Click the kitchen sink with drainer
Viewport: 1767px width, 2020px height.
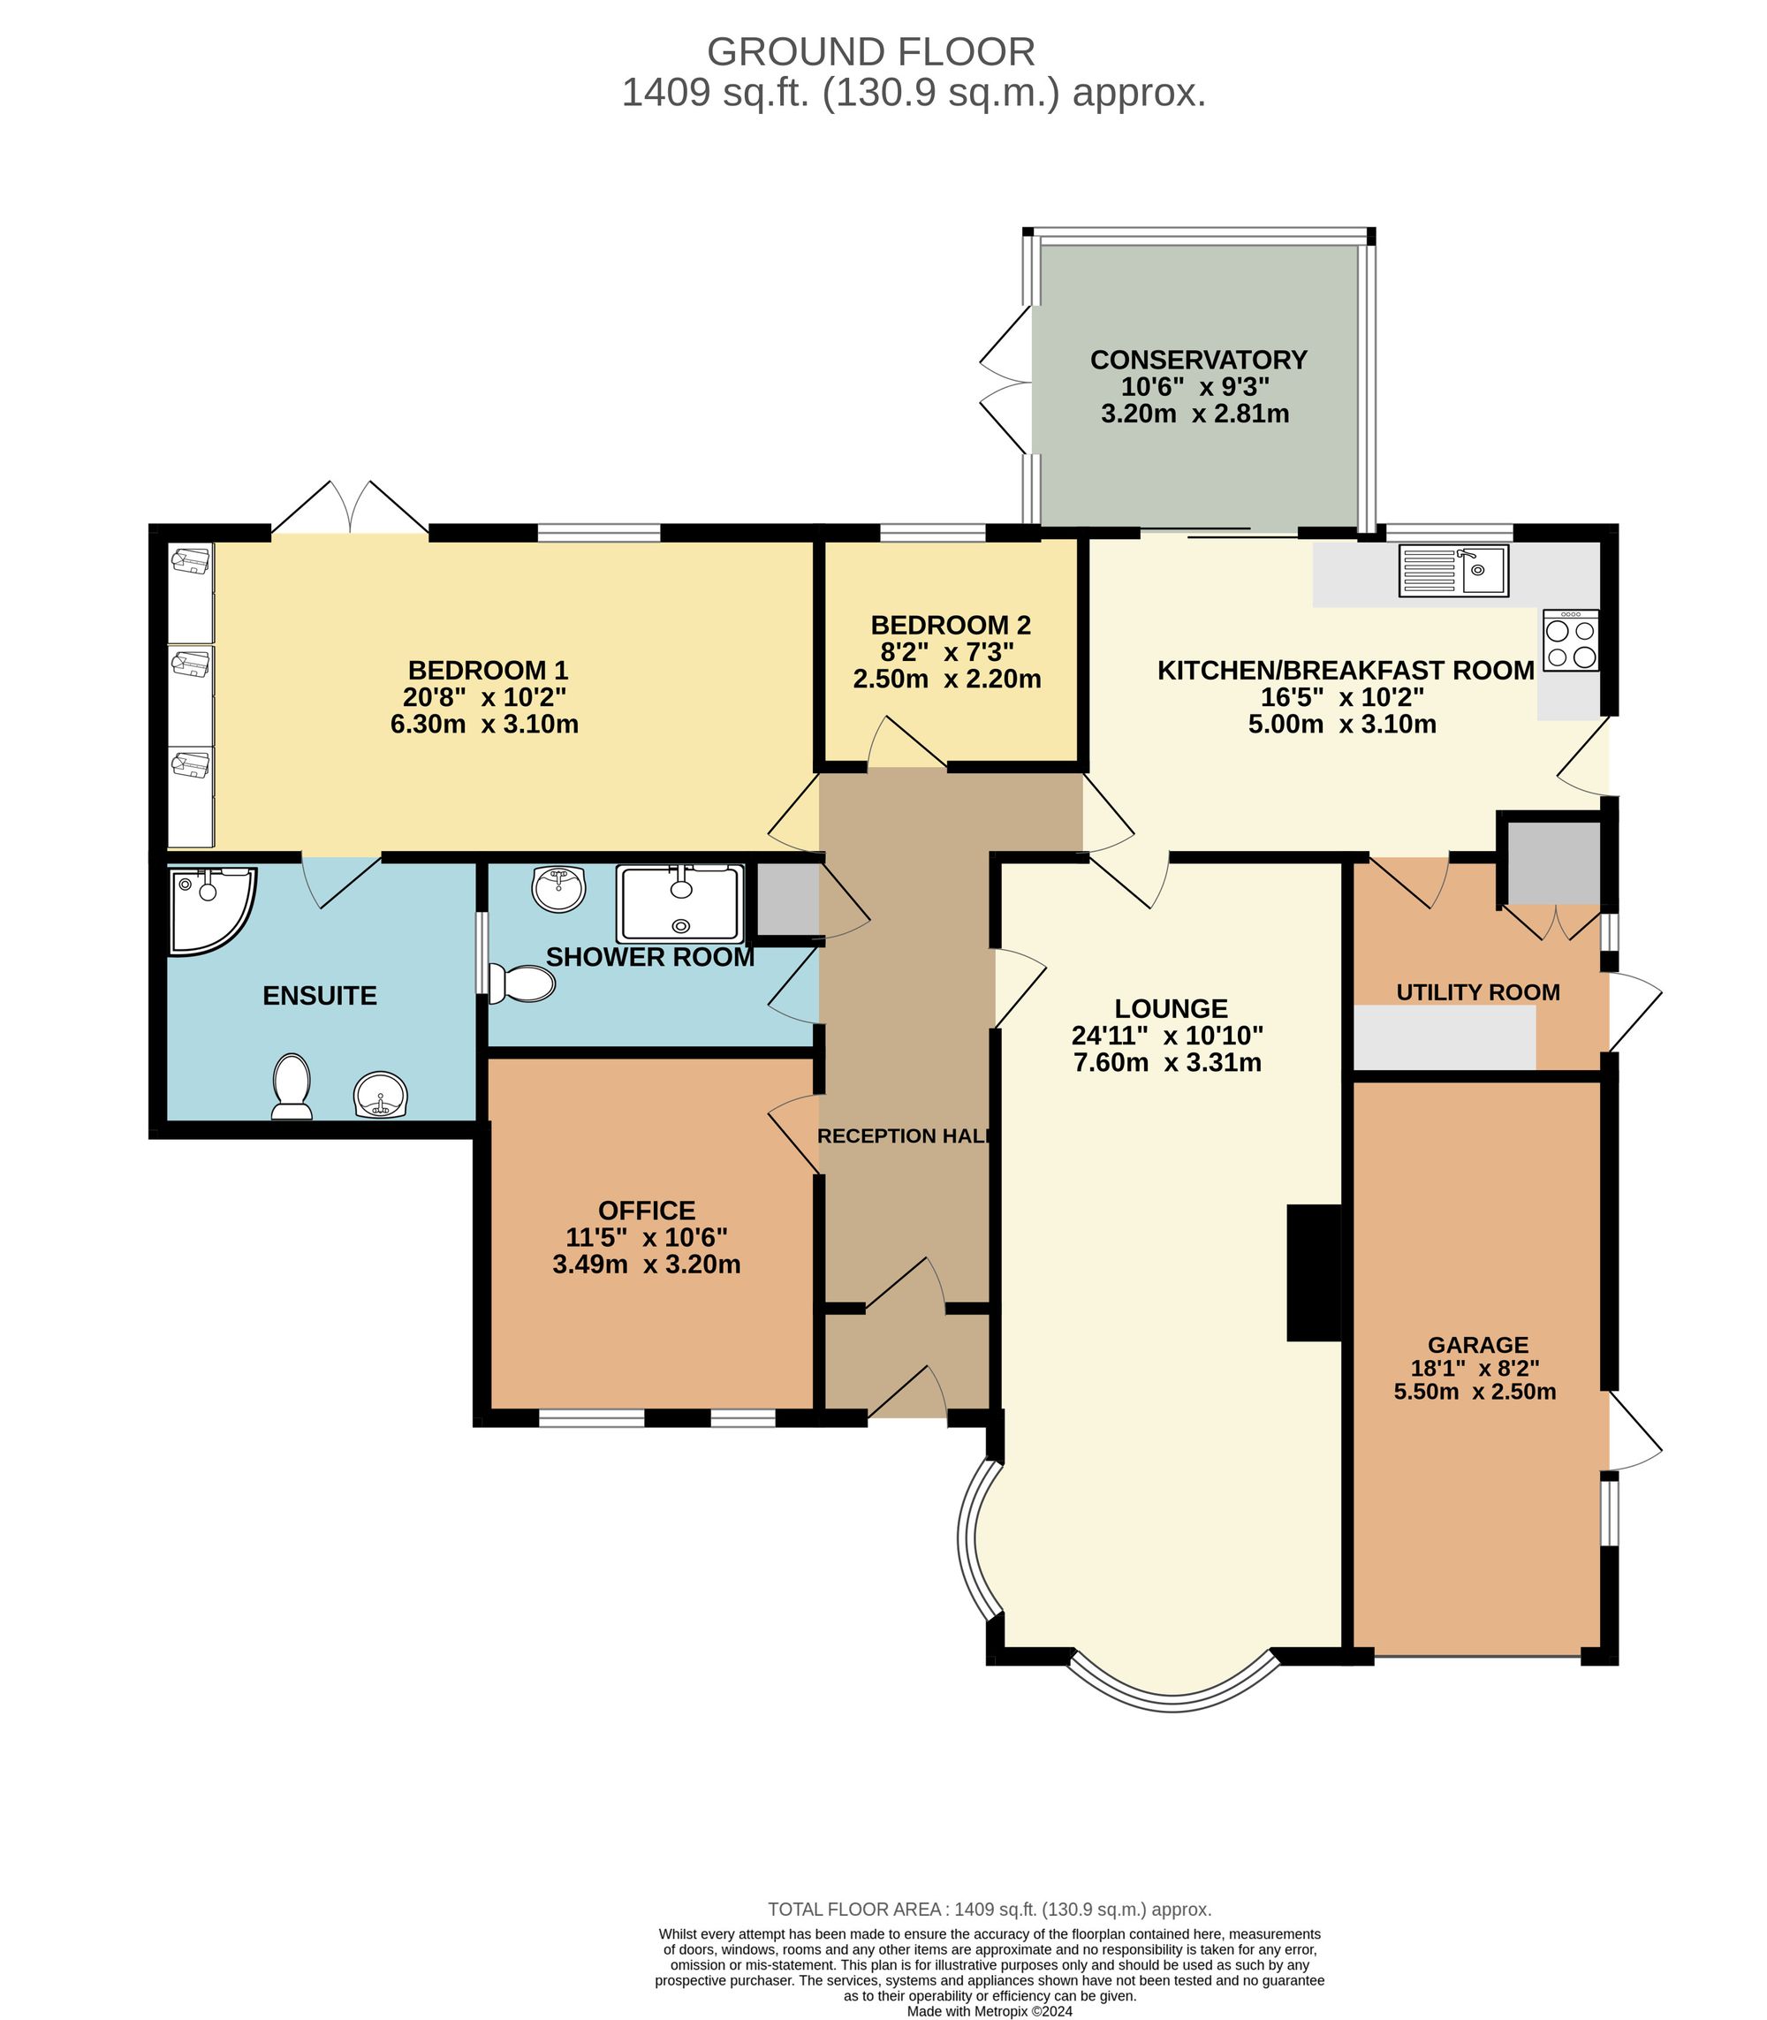tap(1452, 571)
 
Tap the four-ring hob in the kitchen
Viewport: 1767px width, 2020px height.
tap(1571, 642)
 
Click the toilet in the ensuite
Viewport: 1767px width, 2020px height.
tap(292, 1086)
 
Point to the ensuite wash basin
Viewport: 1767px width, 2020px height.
tap(381, 1095)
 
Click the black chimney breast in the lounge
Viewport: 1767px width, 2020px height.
tap(1314, 1272)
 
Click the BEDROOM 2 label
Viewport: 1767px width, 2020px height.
tap(951, 626)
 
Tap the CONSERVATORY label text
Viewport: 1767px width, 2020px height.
tap(1198, 360)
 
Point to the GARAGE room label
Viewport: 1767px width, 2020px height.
tap(1477, 1344)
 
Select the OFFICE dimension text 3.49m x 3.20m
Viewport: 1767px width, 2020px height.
tap(646, 1264)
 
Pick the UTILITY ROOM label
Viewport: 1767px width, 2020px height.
tap(1477, 992)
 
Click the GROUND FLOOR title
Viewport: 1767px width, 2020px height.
tap(870, 51)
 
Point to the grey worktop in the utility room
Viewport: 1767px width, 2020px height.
tap(1445, 1037)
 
